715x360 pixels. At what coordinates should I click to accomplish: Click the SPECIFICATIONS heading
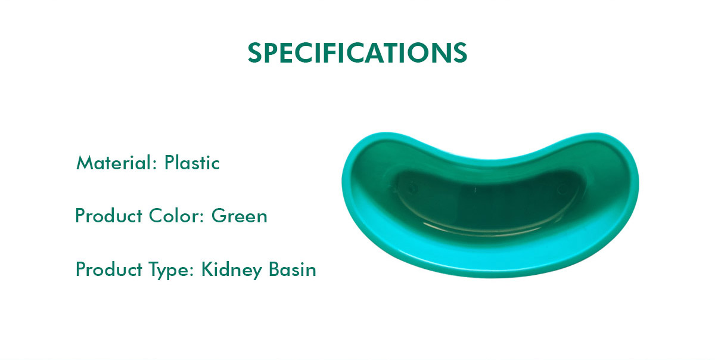click(x=357, y=53)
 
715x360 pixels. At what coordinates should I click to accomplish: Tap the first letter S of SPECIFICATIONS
click(x=254, y=53)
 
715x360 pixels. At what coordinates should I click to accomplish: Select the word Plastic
click(x=192, y=163)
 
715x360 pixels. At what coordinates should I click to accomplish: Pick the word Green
click(x=240, y=215)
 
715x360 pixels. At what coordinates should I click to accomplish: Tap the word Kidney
click(x=232, y=270)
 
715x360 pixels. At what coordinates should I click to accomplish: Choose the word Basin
click(x=293, y=270)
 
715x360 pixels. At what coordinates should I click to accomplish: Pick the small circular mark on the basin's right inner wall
click(x=561, y=190)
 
